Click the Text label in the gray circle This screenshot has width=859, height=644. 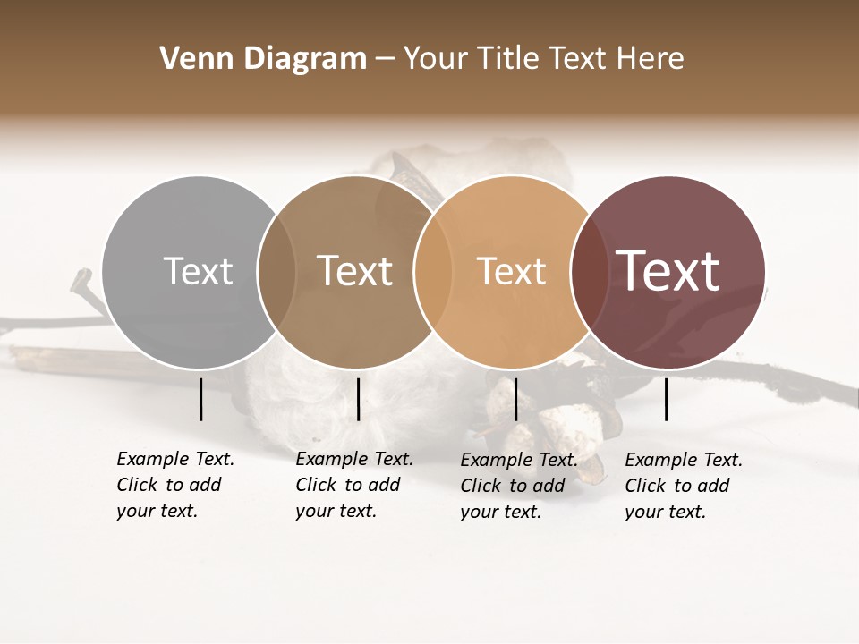click(x=198, y=271)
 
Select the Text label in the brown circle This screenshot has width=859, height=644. click(x=354, y=271)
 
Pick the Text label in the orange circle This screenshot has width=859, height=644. click(x=511, y=271)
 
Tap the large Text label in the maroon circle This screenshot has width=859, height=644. click(x=668, y=271)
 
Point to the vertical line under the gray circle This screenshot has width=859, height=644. click(x=200, y=399)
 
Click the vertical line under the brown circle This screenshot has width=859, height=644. click(x=358, y=399)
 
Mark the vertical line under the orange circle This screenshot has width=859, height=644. click(x=515, y=399)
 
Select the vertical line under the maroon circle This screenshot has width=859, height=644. click(x=667, y=399)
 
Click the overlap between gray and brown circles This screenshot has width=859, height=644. click(x=276, y=272)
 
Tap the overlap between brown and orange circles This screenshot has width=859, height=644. click(x=431, y=272)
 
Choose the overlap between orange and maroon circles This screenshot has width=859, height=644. click(x=588, y=272)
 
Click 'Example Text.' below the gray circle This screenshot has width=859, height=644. click(x=175, y=459)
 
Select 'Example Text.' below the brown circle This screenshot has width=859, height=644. click(x=354, y=459)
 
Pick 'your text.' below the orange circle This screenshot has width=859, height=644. click(x=500, y=513)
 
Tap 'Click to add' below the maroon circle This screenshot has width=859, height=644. click(x=677, y=486)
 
